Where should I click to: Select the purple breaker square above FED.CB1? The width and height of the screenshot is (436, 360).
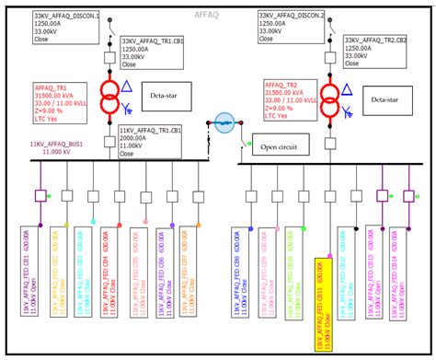click(40, 195)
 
